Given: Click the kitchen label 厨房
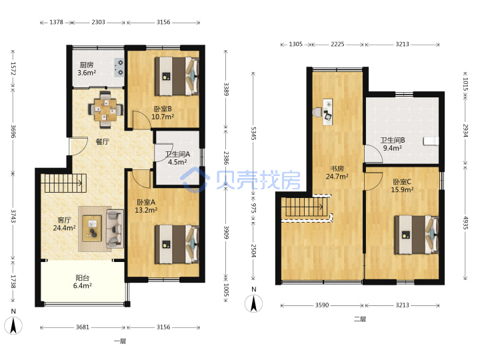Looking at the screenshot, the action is point(87,65).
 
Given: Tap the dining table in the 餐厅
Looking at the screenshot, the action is point(105,109).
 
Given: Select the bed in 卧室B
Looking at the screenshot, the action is point(177,76).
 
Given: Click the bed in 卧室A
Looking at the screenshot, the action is point(177,244).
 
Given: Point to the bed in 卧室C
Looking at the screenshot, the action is point(416,235).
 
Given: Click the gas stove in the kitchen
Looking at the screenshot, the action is point(119,67).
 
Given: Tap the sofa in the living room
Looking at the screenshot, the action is point(115,229).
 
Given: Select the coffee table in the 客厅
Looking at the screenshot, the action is point(92,229).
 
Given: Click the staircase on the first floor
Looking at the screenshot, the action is point(64,183).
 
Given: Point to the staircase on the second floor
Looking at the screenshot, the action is point(305,207).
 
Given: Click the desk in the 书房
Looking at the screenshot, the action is point(327,112).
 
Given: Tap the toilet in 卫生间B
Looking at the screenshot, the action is point(431,141).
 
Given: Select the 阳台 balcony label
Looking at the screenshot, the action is point(83,278).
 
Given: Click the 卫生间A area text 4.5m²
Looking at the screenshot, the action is point(177,162).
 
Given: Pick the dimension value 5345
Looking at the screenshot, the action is point(253,133).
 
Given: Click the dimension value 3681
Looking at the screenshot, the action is point(83,327).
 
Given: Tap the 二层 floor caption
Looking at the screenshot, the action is point(360,319).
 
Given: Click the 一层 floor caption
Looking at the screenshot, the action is point(120,341).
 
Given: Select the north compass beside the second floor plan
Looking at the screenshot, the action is point(254,300).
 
